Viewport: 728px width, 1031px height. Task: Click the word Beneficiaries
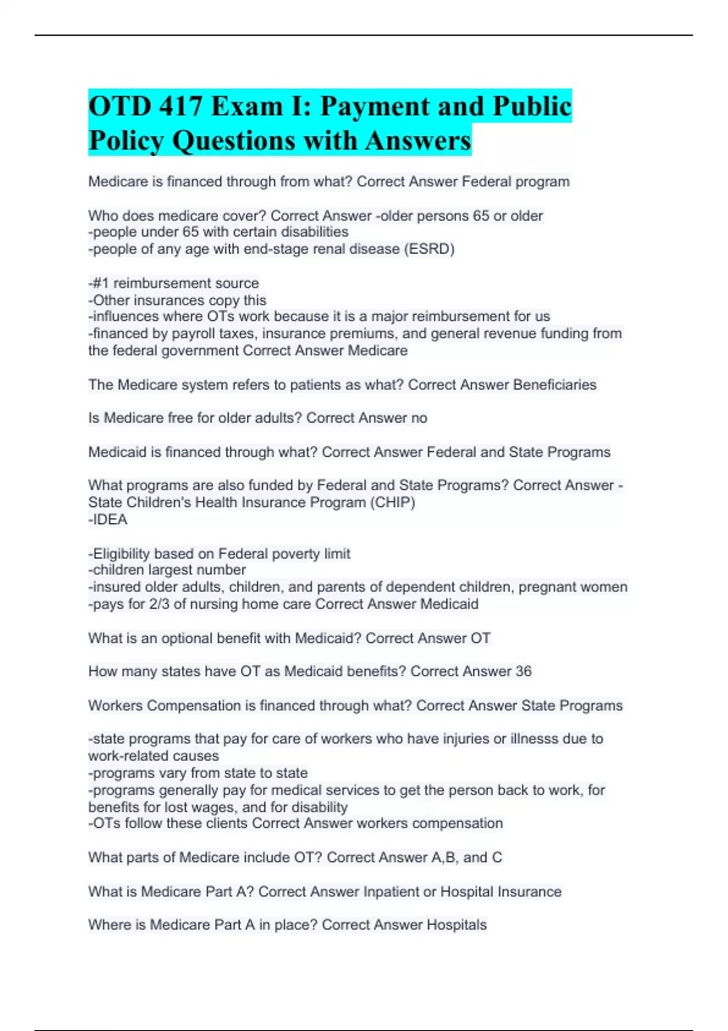coord(554,385)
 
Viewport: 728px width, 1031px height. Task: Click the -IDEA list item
coord(108,520)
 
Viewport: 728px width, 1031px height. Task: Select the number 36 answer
coord(523,671)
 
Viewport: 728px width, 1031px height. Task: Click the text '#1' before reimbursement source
coord(101,283)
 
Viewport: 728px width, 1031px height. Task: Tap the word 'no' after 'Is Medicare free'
coord(419,418)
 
